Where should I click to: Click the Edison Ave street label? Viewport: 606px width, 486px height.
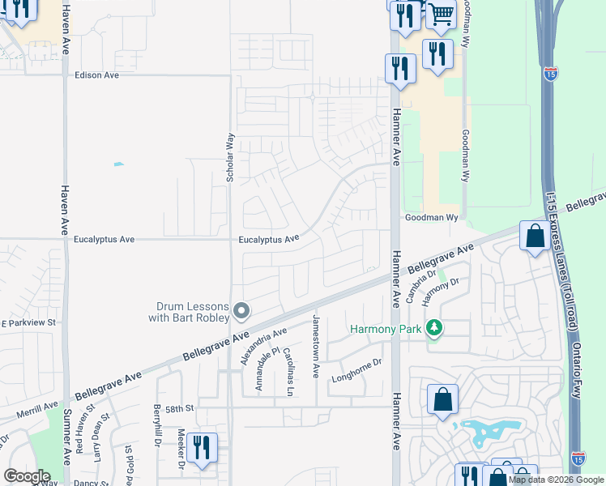tap(96, 75)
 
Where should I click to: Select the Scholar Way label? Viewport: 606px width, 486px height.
tap(230, 156)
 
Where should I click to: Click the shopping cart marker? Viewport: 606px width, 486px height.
tap(440, 14)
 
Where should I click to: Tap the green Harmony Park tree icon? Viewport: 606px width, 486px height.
tap(436, 328)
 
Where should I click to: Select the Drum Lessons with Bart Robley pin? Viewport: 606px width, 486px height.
tap(241, 311)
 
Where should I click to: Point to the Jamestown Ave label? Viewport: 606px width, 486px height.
tap(316, 347)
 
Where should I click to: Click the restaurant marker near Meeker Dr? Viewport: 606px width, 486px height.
tap(201, 448)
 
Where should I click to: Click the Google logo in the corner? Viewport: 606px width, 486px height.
tap(27, 476)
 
